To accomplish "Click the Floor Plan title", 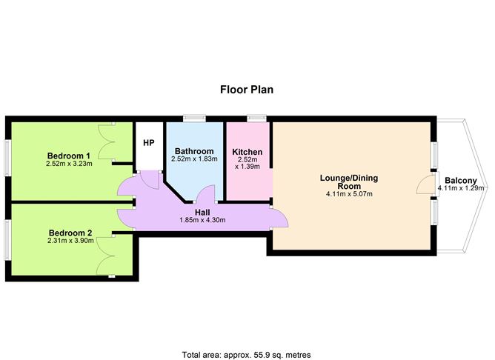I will [247, 90].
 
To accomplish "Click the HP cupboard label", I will [148, 143].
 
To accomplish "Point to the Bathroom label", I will [194, 152].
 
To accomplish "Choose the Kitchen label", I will [247, 152].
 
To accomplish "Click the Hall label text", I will [202, 211].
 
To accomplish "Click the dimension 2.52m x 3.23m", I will [69, 164].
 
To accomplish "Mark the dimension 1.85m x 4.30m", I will [202, 220].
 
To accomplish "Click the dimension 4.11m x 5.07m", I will [348, 195].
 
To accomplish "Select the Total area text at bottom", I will [247, 335].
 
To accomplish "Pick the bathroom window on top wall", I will [195, 117].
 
